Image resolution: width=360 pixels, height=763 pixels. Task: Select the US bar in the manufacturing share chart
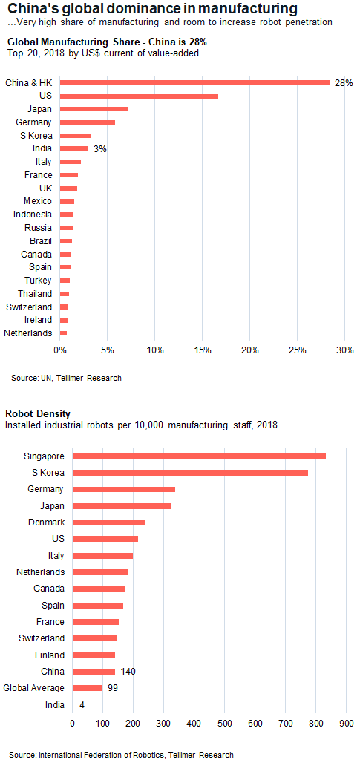pyautogui.click(x=139, y=96)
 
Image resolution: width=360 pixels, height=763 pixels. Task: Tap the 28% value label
pyautogui.click(x=344, y=83)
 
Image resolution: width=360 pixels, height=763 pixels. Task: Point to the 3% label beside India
pyautogui.click(x=100, y=149)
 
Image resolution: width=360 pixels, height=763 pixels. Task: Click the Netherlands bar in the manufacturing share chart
pyautogui.click(x=63, y=333)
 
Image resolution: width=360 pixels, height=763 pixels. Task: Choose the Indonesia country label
pyautogui.click(x=32, y=215)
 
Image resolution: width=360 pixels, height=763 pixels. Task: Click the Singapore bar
pyautogui.click(x=199, y=456)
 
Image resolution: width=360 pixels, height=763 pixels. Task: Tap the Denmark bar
pyautogui.click(x=109, y=522)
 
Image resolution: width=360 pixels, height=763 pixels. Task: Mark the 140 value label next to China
pyautogui.click(x=128, y=672)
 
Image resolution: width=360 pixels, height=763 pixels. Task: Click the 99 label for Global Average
pyautogui.click(x=112, y=688)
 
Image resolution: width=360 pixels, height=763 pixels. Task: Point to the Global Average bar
pyautogui.click(x=88, y=688)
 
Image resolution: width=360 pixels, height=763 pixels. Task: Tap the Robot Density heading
pyautogui.click(x=37, y=413)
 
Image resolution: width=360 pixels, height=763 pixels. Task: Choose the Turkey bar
pyautogui.click(x=65, y=281)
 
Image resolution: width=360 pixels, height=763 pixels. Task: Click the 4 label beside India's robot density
pyautogui.click(x=82, y=704)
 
